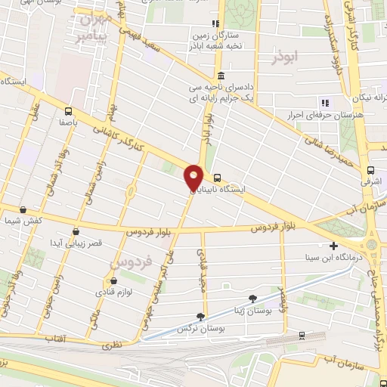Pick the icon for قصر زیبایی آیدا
[74, 231]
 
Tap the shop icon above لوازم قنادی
[113, 281]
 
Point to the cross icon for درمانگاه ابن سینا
[333, 246]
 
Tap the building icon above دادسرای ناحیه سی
[220, 76]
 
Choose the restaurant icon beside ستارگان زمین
[216, 23]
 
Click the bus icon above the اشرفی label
[370, 171]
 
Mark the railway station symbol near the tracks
[302, 334]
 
